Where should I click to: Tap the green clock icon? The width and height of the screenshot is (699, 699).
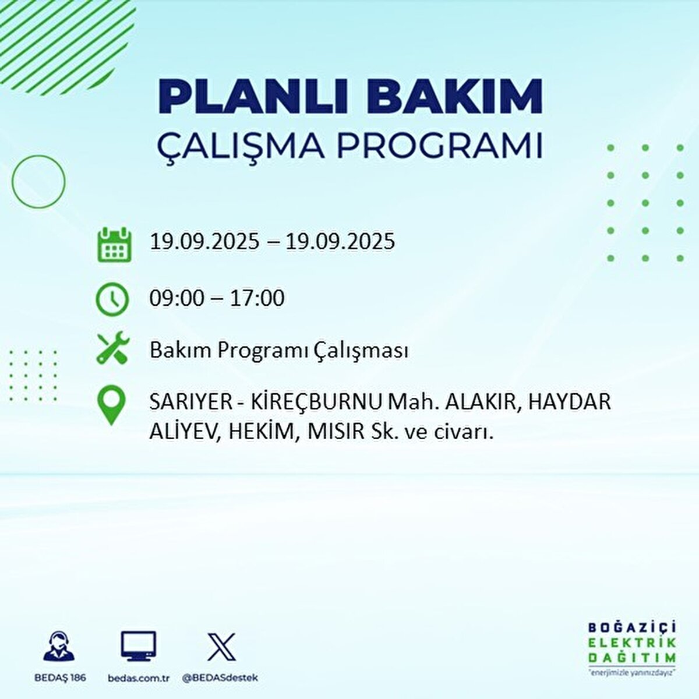(112, 299)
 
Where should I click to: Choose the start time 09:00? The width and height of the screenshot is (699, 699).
(177, 298)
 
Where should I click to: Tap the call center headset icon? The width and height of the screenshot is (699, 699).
(59, 647)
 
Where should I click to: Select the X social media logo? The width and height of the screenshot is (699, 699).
(221, 647)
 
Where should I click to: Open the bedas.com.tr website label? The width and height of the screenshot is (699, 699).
(139, 678)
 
